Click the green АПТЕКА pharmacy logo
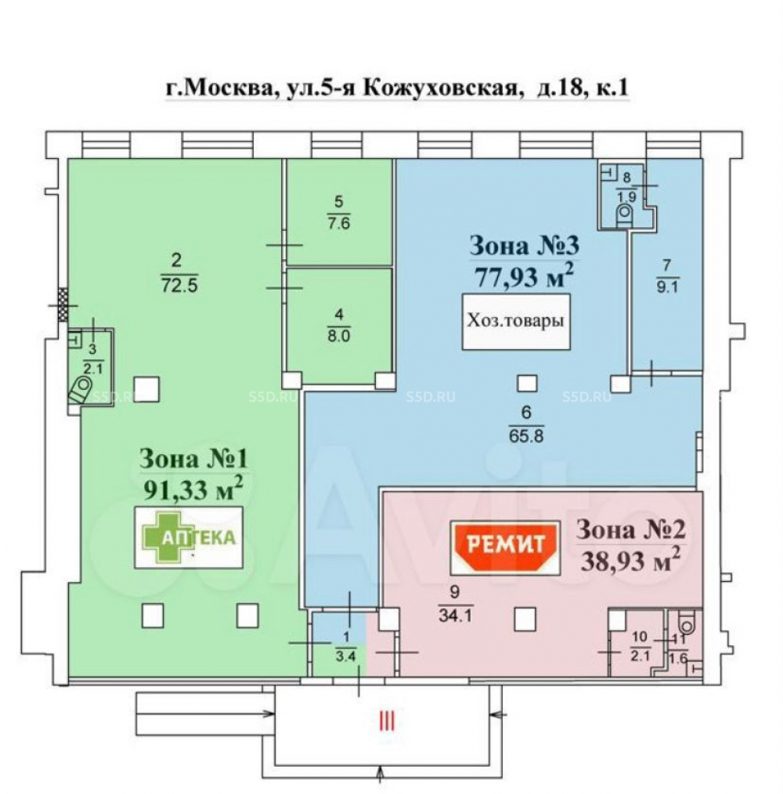189,537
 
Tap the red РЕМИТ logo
506,547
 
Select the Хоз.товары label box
516,322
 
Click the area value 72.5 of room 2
179,286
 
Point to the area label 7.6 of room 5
339,223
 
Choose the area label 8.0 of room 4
339,336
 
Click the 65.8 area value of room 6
526,435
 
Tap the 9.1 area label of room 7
667,287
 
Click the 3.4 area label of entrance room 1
346,657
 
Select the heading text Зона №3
525,246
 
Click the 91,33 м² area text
193,488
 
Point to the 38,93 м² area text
630,559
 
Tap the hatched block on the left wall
63,305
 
